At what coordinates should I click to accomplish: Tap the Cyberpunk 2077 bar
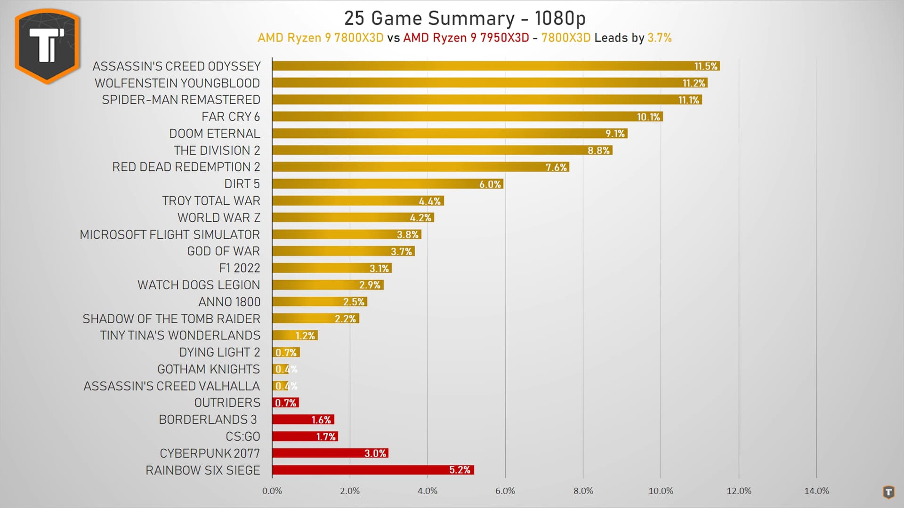[x=330, y=453]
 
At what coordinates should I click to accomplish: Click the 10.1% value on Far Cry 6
[x=648, y=117]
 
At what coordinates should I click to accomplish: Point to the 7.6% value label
[x=556, y=167]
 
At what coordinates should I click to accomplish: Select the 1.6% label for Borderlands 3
[x=321, y=420]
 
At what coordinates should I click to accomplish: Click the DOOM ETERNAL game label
[x=214, y=134]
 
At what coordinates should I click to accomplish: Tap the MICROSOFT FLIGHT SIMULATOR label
[x=169, y=234]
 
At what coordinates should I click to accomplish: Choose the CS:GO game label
[x=242, y=437]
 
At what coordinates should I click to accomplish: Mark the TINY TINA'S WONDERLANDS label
[x=180, y=335]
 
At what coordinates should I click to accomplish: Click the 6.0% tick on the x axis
[x=505, y=491]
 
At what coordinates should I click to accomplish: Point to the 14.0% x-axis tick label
[x=816, y=491]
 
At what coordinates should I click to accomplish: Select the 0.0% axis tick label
[x=272, y=491]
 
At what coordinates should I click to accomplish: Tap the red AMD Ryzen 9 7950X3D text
[x=466, y=38]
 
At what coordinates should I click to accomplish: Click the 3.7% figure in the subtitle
[x=659, y=38]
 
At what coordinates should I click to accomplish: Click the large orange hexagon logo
[x=47, y=46]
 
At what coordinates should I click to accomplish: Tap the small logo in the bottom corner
[x=888, y=492]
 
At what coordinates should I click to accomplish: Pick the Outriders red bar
[x=285, y=403]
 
